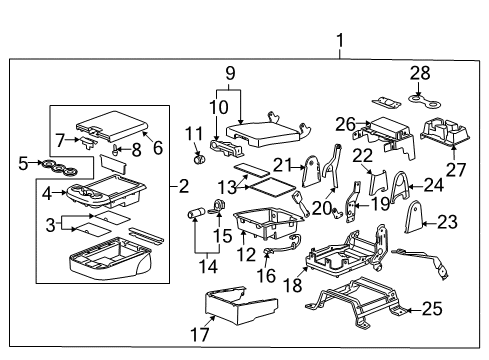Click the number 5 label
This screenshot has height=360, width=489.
24,161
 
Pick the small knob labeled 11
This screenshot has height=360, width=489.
197,155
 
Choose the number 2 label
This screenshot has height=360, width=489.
183,186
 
